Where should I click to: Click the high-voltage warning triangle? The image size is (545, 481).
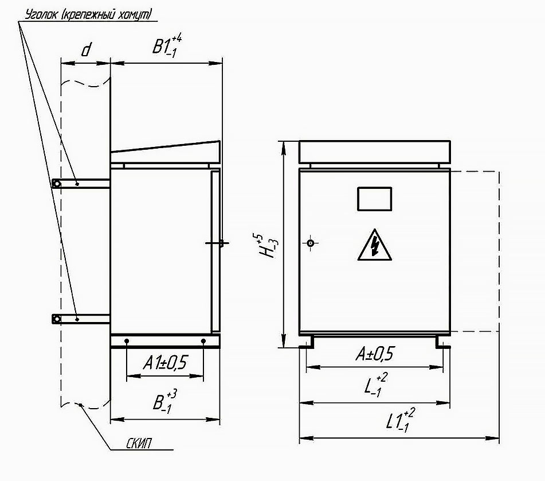click(x=375, y=245)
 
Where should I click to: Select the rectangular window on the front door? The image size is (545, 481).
click(x=375, y=199)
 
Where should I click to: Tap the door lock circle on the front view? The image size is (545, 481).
click(x=311, y=243)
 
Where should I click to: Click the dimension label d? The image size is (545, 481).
click(x=86, y=50)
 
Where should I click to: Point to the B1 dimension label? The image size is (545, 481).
click(x=167, y=45)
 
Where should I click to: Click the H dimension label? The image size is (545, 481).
click(x=268, y=247)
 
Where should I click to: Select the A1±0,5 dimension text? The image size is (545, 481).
click(x=165, y=363)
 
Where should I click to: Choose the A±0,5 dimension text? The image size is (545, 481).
click(x=375, y=354)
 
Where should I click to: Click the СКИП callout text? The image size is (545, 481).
click(x=139, y=443)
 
